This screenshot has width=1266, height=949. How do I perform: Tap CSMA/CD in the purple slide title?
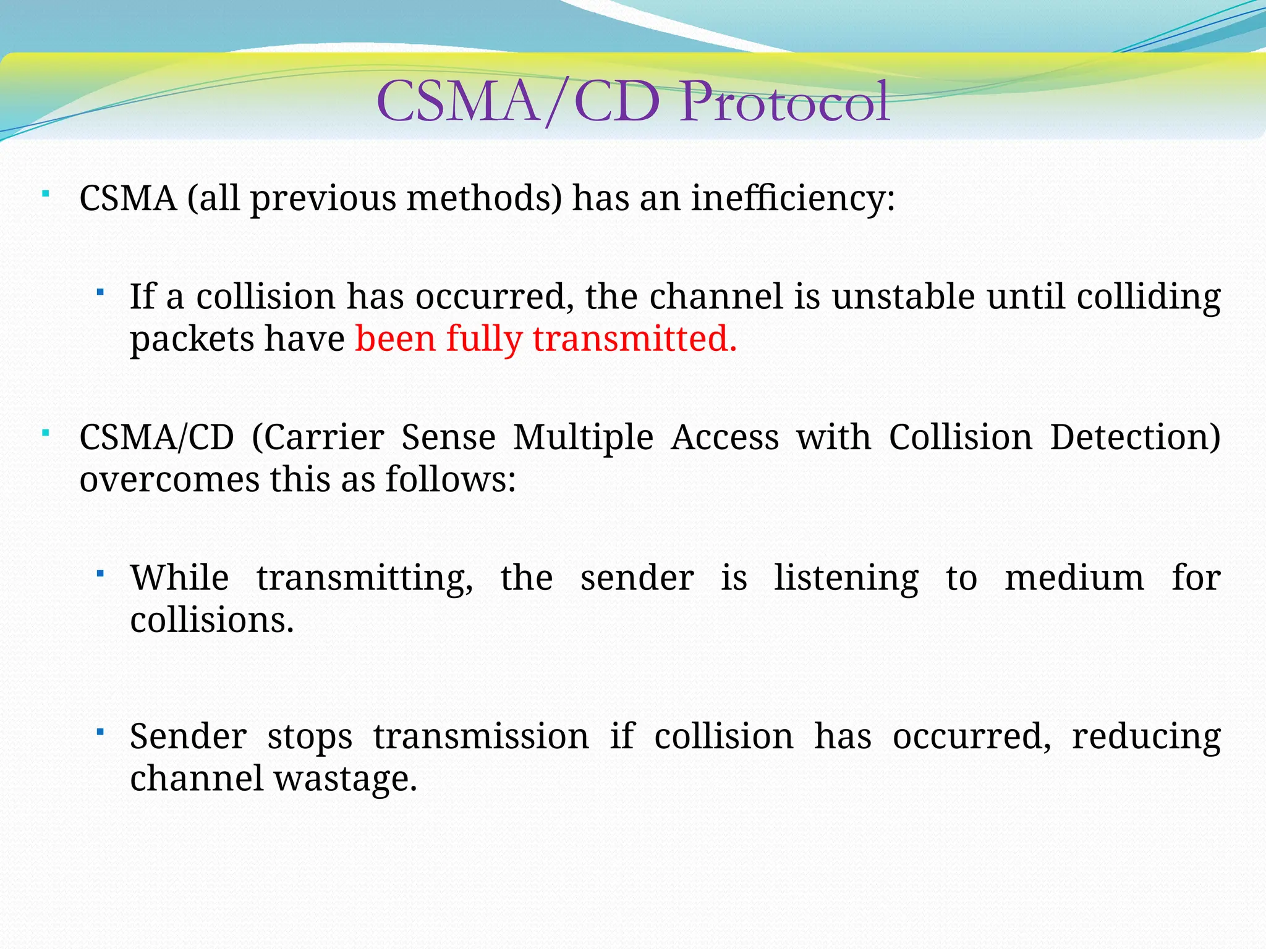tap(518, 102)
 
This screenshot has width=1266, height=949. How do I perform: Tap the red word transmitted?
tap(635, 339)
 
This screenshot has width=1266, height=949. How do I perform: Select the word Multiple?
tap(583, 438)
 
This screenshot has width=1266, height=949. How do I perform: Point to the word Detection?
tap(1135, 438)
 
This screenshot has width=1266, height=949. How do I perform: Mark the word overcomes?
tap(169, 480)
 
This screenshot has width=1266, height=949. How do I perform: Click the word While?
tap(179, 578)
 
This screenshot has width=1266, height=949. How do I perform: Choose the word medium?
tap(1074, 578)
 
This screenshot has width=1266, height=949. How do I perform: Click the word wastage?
tap(346, 778)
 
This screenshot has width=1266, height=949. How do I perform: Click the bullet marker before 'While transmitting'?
tap(100, 574)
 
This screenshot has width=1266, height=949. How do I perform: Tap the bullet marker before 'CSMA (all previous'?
tap(46, 195)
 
